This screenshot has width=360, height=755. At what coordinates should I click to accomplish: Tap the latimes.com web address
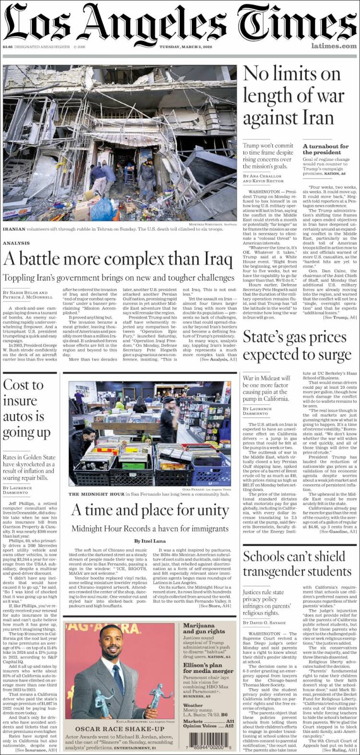point(334,46)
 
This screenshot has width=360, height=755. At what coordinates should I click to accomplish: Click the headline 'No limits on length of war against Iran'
point(294,96)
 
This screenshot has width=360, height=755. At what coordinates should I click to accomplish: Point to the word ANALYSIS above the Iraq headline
point(16,243)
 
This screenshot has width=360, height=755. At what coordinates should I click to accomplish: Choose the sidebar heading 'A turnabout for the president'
point(325,149)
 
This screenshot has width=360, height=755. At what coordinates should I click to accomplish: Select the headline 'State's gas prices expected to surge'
point(297,346)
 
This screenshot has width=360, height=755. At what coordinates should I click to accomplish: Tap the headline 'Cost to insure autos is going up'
point(26,408)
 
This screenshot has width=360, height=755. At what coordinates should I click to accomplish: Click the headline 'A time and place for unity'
point(150,510)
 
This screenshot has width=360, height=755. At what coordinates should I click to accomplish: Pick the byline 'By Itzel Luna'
point(150,541)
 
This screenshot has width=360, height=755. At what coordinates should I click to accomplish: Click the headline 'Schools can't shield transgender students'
point(297,564)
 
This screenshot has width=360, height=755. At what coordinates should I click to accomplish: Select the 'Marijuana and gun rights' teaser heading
point(204,628)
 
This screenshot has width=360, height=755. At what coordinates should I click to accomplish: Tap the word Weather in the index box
point(192,706)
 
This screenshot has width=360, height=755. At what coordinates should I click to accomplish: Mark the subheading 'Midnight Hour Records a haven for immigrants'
point(150,528)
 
